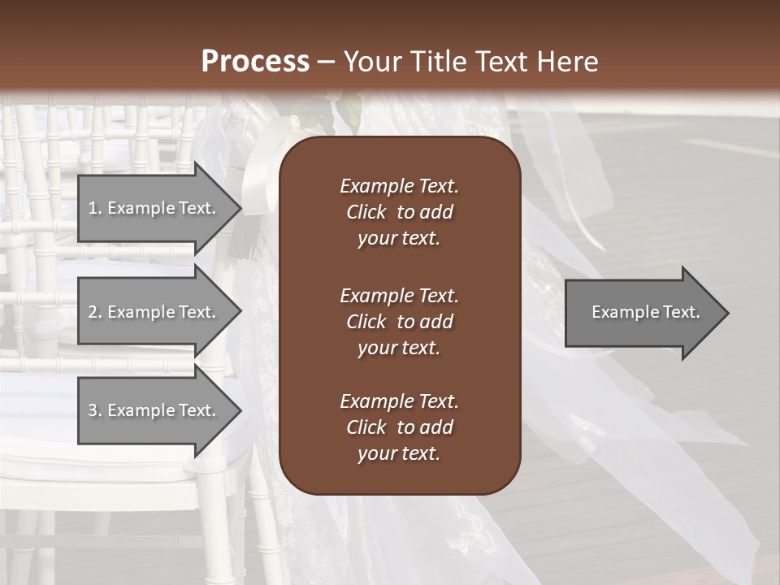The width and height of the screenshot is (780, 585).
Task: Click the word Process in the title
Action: (255, 62)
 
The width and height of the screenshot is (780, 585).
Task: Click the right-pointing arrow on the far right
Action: (642, 313)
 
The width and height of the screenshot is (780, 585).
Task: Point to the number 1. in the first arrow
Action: (94, 208)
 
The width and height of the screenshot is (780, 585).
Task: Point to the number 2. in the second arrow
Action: (94, 312)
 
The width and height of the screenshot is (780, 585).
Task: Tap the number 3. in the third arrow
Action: (94, 410)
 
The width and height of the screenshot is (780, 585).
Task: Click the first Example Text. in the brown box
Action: (399, 186)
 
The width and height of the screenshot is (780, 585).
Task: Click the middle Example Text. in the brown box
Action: (399, 295)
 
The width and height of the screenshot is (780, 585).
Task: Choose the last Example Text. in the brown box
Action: (399, 401)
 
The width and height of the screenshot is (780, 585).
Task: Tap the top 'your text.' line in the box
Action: (399, 239)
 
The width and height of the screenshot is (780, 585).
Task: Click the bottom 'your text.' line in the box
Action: (399, 454)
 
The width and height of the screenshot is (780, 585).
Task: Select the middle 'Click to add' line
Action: (399, 322)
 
